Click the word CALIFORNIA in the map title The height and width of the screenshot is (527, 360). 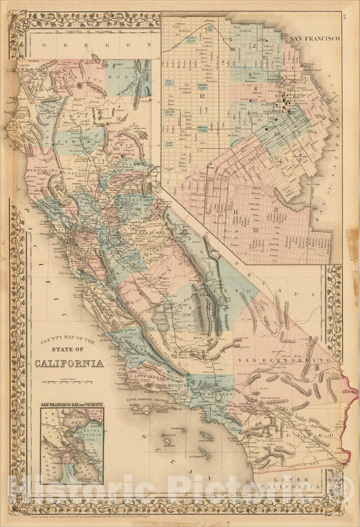pyautogui.click(x=69, y=363)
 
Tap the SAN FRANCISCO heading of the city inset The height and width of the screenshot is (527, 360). pyautogui.click(x=314, y=39)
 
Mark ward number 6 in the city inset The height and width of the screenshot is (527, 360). pyautogui.click(x=257, y=89)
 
